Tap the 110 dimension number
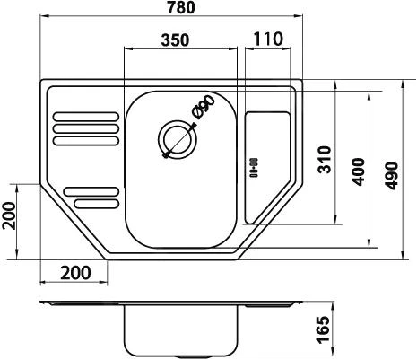[267, 40]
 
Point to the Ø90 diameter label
[203, 109]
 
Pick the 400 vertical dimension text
[358, 169]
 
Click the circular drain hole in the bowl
[176, 139]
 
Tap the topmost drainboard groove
[85, 116]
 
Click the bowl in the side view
[181, 331]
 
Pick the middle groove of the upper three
[85, 127]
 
